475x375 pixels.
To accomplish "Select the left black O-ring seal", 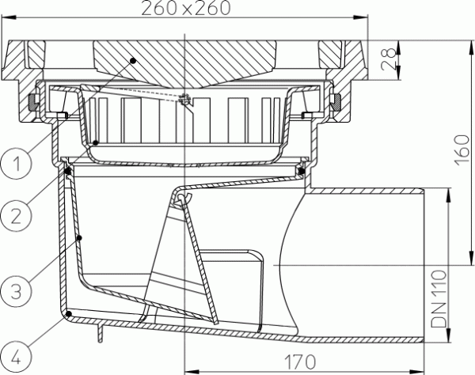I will pos(68,169).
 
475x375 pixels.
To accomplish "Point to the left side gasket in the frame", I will pos(32,102).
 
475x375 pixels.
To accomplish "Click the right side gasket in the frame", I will pos(336,102).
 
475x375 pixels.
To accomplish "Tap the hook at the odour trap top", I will pos(184,200).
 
